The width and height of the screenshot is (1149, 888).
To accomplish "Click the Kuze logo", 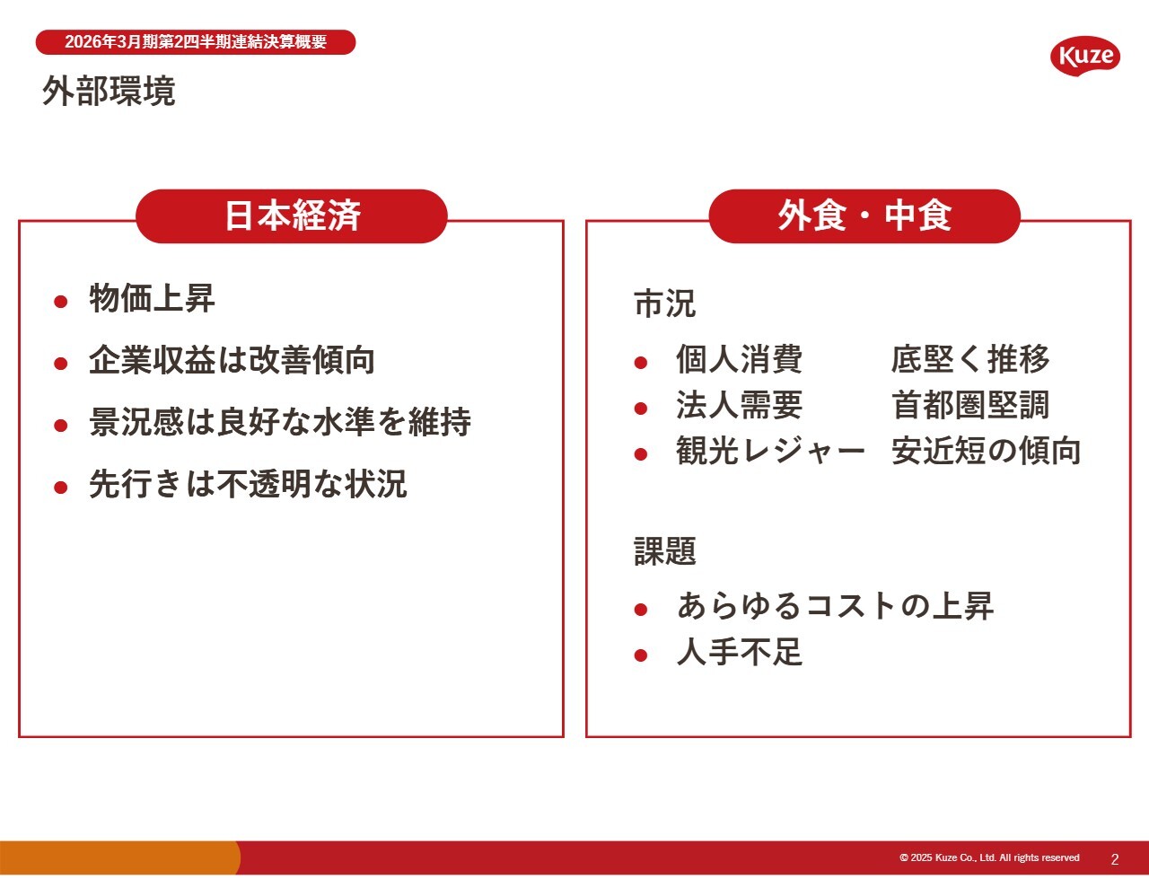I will pyautogui.click(x=1085, y=57).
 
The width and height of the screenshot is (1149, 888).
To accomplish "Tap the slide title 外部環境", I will pyautogui.click(x=109, y=91).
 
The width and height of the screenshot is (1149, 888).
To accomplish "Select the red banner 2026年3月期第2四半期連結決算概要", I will pyautogui.click(x=196, y=42).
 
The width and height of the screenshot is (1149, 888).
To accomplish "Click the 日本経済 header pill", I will pyautogui.click(x=292, y=215).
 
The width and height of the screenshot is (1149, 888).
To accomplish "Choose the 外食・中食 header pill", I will pyautogui.click(x=864, y=215).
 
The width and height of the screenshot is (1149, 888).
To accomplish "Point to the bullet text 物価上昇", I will pyautogui.click(x=152, y=299).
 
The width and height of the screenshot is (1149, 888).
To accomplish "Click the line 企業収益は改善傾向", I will pyautogui.click(x=232, y=360).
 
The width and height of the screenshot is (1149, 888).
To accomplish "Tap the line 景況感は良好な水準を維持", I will pyautogui.click(x=279, y=422).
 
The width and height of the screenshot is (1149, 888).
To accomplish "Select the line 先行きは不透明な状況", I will pyautogui.click(x=248, y=484).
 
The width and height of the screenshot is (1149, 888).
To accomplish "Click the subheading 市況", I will pyautogui.click(x=664, y=303).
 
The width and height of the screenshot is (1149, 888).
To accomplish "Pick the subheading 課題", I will pyautogui.click(x=664, y=550).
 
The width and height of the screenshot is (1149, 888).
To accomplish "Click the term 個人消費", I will pyautogui.click(x=739, y=359).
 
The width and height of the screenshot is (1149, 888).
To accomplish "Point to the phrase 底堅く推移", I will pyautogui.click(x=970, y=359).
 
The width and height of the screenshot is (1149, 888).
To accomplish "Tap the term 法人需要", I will pyautogui.click(x=739, y=406).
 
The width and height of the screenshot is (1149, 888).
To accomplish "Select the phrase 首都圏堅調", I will pyautogui.click(x=970, y=406).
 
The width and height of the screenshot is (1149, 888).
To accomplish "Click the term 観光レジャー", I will pyautogui.click(x=770, y=452).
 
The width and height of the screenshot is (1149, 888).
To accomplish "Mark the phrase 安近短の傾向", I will pyautogui.click(x=986, y=452).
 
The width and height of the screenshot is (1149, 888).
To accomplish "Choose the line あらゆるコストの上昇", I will pyautogui.click(x=835, y=606).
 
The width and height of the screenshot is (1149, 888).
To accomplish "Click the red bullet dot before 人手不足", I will pyautogui.click(x=641, y=655).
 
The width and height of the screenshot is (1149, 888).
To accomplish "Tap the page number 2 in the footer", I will pyautogui.click(x=1115, y=859).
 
